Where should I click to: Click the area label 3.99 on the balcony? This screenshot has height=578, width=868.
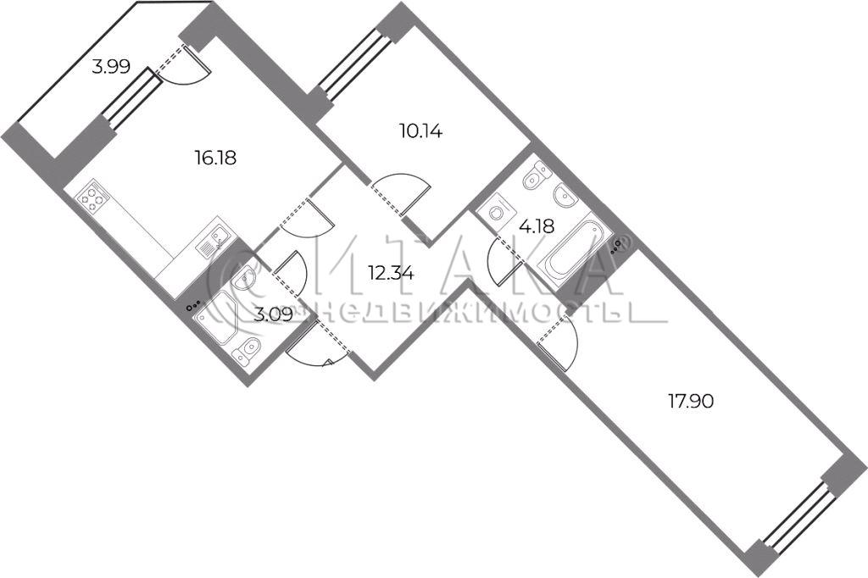coord(111,68)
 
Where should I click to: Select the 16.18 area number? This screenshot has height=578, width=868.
coord(215,158)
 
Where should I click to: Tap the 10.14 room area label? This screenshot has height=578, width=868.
coord(420,131)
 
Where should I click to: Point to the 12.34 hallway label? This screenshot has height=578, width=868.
coord(392,273)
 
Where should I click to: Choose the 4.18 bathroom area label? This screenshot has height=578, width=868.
coord(537,226)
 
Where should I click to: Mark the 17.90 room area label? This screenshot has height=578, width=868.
coord(691,401)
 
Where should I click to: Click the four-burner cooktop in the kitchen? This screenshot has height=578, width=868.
coord(92,198)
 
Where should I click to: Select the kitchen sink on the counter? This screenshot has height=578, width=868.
coord(213,241)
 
